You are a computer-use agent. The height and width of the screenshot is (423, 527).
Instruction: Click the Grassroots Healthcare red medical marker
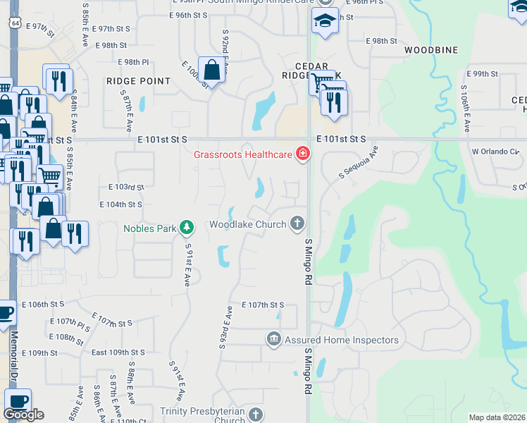tap(303, 153)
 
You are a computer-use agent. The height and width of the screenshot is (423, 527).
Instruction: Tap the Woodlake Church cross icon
tap(297, 223)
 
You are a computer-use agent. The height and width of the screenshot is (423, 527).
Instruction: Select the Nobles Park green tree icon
tap(187, 227)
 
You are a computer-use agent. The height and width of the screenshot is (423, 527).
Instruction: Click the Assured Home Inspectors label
tap(342, 340)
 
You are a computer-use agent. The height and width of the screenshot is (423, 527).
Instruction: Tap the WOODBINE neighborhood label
tap(431, 50)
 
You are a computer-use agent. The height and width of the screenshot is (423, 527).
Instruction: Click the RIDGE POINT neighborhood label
tap(139, 81)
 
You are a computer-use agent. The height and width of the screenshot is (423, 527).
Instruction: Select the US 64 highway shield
tap(15, 23)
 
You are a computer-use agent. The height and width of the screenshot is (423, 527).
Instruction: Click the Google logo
tap(24, 415)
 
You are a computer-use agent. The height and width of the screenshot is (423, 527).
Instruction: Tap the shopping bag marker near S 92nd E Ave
tap(211, 69)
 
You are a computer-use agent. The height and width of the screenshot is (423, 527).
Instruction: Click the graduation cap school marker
tap(325, 20)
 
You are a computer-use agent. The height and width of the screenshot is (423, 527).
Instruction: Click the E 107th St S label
tap(263, 305)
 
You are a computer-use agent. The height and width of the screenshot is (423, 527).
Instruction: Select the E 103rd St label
tap(126, 187)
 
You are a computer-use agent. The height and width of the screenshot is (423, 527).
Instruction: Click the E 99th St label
tap(483, 73)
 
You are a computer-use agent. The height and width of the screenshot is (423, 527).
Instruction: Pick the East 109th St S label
tap(118, 352)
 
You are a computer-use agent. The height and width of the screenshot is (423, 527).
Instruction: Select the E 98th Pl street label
tap(133, 62)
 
